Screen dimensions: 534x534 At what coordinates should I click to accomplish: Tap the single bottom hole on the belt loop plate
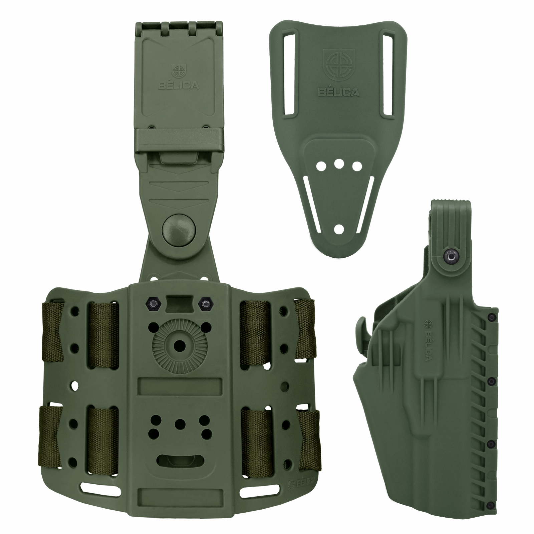pos(339,229)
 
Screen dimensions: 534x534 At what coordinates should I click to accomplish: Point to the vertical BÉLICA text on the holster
pos(428,340)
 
